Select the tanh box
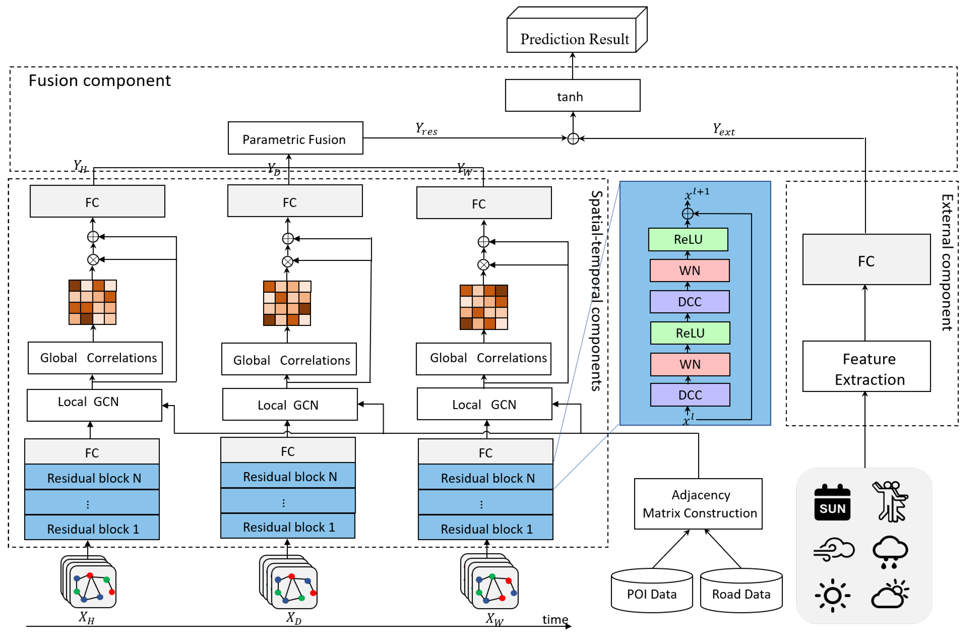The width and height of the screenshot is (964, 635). click(572, 96)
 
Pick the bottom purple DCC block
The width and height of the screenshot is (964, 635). click(690, 395)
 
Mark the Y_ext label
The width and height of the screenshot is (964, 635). click(724, 130)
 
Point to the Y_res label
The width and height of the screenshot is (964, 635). click(426, 129)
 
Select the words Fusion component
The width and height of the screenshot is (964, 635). click(100, 81)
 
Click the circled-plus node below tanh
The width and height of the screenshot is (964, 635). click(573, 139)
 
